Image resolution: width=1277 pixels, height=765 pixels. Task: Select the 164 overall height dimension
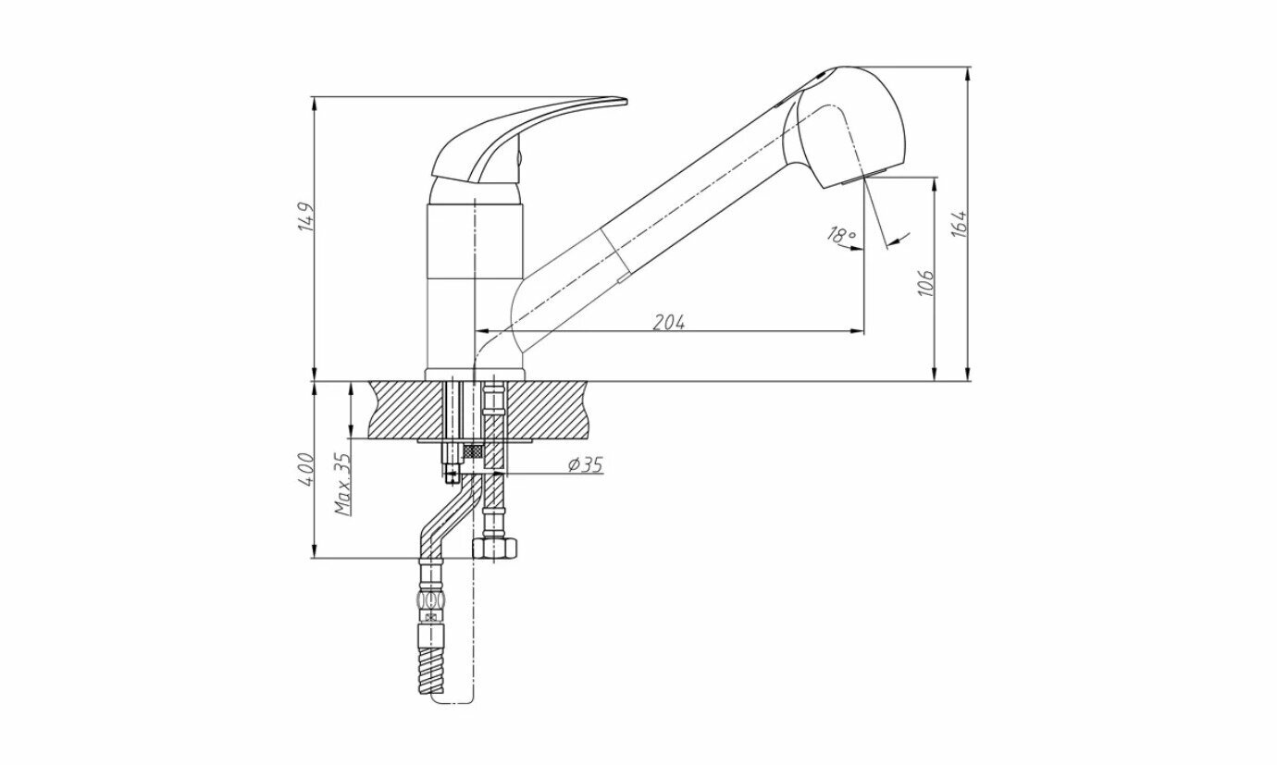click(960, 224)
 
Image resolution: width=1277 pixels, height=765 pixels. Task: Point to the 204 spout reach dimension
click(669, 322)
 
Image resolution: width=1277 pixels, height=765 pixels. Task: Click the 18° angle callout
click(841, 236)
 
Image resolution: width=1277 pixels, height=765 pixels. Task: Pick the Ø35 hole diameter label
click(585, 464)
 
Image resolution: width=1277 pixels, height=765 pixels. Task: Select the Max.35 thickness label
click(343, 485)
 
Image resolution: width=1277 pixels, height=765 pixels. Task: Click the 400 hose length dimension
click(308, 470)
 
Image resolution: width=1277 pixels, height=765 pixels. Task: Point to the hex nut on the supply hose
click(495, 548)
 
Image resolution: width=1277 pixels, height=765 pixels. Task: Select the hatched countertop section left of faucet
click(407, 410)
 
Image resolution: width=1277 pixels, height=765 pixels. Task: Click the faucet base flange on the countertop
click(475, 375)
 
